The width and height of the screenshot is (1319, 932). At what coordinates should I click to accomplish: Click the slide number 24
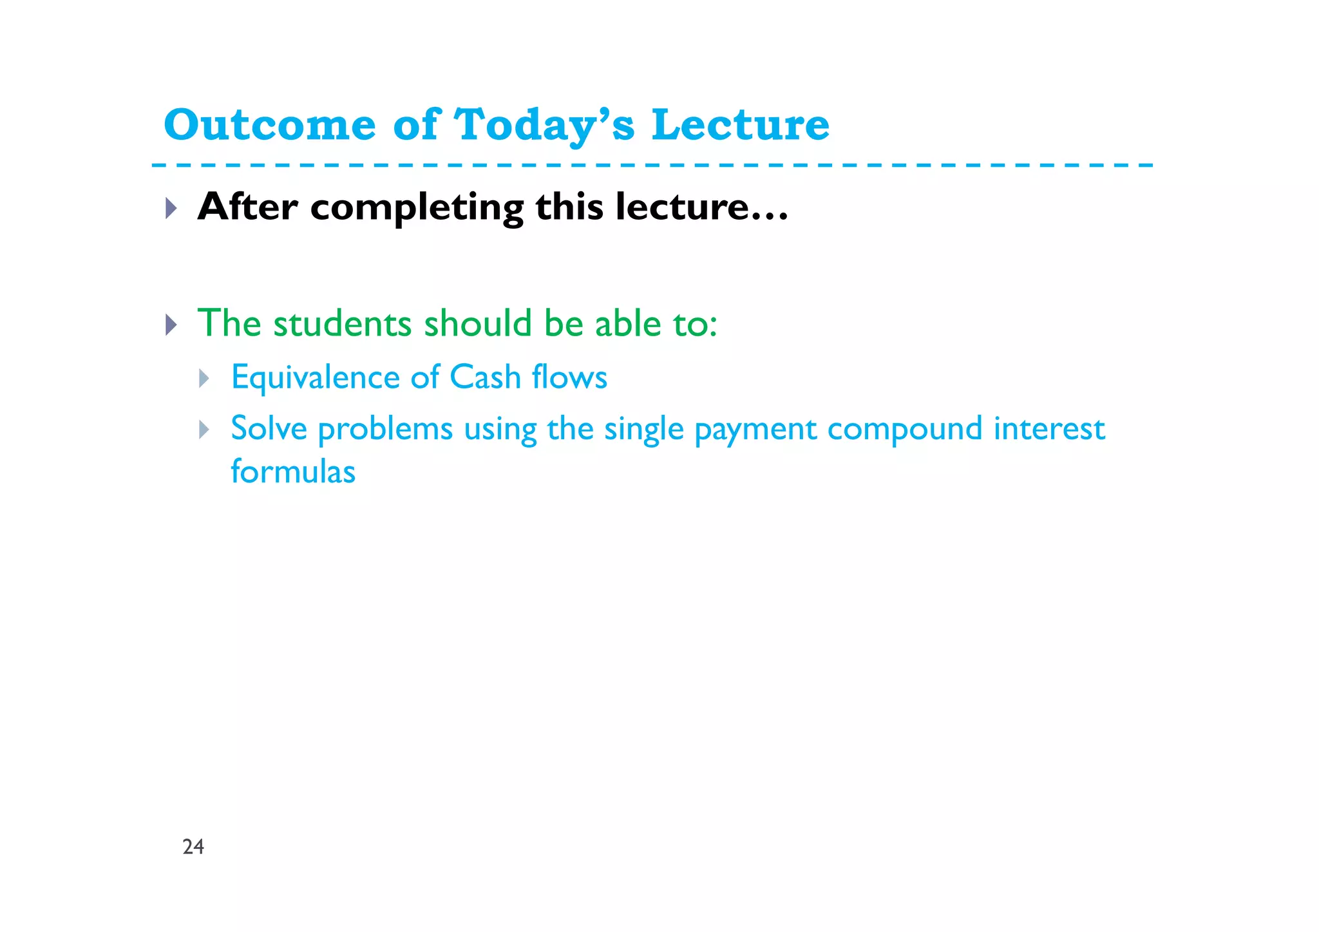pos(193,846)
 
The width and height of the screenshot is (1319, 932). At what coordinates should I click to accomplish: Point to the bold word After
pos(247,207)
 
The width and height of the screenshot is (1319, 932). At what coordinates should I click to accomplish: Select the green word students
pos(342,323)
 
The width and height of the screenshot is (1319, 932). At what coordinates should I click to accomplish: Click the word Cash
pos(485,377)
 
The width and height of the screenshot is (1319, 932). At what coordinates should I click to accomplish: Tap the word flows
pos(569,377)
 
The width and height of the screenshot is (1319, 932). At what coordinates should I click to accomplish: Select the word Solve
pos(269,429)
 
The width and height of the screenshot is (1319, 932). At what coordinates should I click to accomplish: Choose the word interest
pos(1049,429)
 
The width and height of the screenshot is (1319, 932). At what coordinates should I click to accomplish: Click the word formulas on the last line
pos(293,471)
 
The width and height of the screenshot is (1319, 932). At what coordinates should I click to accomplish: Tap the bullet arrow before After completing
pos(171,208)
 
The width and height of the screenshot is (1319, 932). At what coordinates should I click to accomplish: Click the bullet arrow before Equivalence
pos(204,378)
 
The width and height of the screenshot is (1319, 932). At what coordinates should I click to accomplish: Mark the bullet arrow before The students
pos(171,325)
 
